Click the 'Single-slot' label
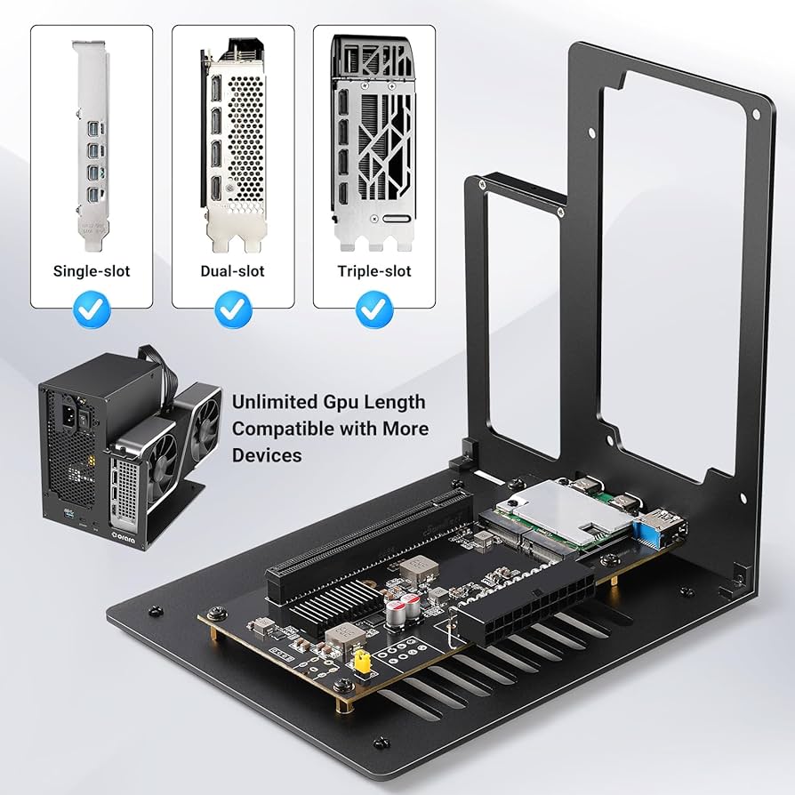[92, 270]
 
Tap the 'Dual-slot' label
[232, 270]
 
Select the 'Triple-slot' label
[373, 270]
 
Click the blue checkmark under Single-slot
[92, 309]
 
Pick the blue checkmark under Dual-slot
[233, 309]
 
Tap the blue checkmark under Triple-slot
[374, 309]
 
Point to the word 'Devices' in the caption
[267, 455]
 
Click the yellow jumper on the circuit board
[362, 660]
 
